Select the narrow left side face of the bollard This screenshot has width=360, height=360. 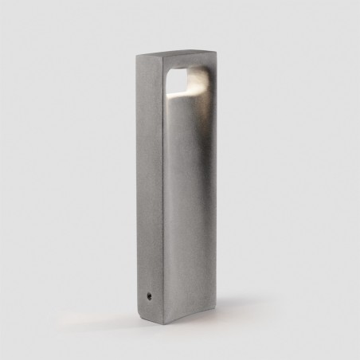pos(150,183)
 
